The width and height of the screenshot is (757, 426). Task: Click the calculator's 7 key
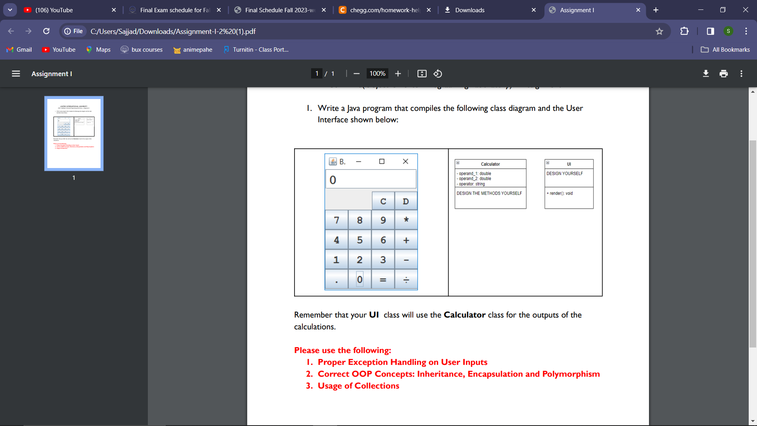(336, 220)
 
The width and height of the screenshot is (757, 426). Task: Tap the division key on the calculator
(406, 280)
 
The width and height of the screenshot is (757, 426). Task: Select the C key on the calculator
(383, 201)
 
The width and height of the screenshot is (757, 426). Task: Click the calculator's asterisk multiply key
(406, 220)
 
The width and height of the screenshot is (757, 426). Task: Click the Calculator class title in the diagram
(490, 164)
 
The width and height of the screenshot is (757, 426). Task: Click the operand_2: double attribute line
(475, 179)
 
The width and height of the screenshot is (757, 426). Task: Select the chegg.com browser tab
(384, 10)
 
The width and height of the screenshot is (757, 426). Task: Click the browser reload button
(46, 31)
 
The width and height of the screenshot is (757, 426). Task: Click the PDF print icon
(723, 74)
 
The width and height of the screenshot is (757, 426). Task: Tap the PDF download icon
(706, 74)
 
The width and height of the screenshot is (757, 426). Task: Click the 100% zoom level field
(377, 74)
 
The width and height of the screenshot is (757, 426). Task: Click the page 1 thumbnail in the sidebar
(74, 133)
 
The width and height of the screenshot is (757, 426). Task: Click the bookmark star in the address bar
(659, 31)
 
